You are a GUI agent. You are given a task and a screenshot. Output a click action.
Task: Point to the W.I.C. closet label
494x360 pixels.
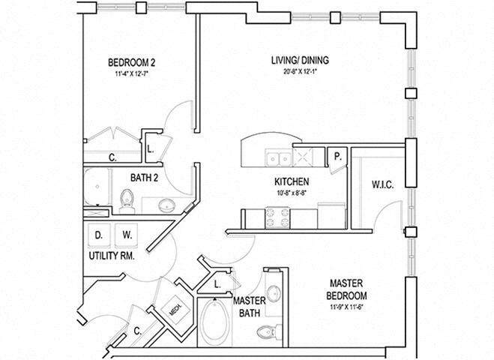pos(382,184)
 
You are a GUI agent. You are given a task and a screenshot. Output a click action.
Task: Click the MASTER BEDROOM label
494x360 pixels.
pos(346,288)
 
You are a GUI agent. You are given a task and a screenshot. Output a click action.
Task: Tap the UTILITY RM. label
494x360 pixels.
pos(111,256)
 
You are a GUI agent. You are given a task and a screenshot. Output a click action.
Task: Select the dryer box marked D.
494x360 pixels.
pos(98,235)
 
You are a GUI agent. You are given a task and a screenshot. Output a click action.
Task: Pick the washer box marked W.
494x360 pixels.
pos(127,235)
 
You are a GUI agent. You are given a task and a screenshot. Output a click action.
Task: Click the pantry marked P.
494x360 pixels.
pos(338,157)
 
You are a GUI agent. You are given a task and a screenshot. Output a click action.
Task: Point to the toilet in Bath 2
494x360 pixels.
pos(127,199)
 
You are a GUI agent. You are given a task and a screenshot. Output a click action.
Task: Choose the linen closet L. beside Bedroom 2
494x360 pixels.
pos(151,148)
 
